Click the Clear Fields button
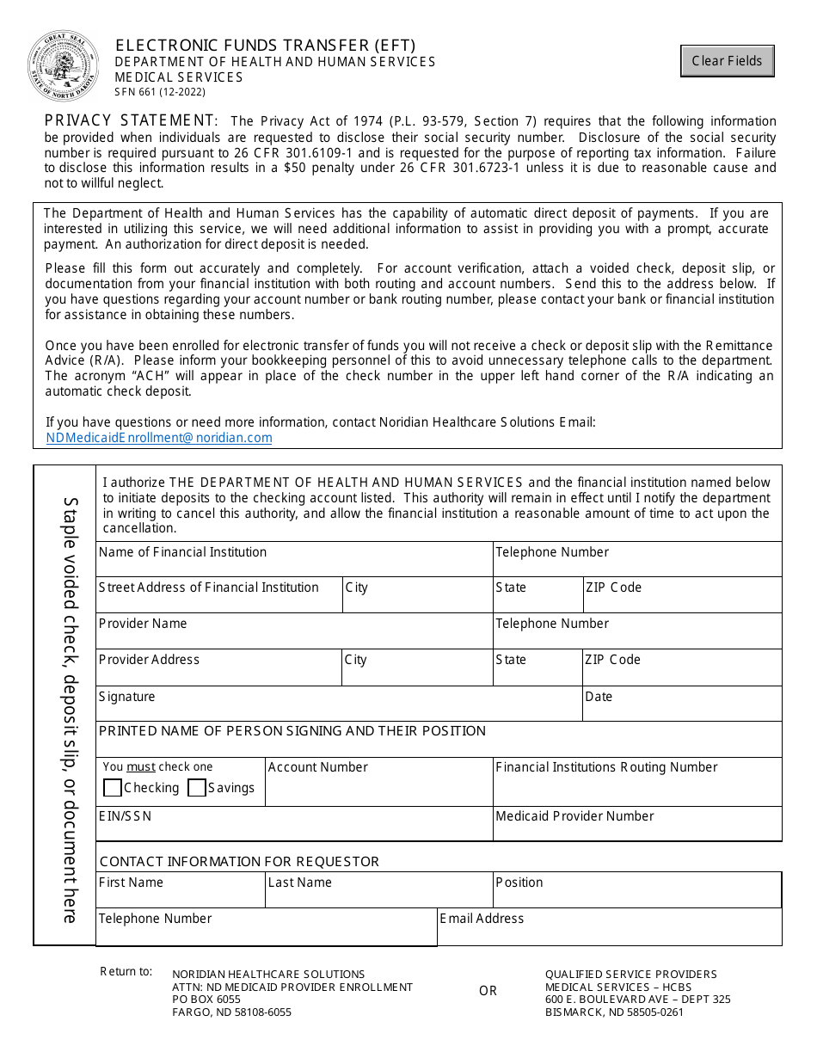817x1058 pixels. [727, 61]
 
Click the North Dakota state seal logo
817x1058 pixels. [63, 66]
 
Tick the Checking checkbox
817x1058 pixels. [113, 788]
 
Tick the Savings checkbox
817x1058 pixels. [197, 788]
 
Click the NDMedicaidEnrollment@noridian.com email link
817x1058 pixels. [159, 438]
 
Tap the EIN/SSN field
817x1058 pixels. [294, 828]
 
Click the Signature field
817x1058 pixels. [339, 708]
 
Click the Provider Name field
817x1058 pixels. [294, 635]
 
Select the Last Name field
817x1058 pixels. [378, 895]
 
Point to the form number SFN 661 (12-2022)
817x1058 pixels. [160, 92]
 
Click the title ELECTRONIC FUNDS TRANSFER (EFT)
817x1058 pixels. [266, 46]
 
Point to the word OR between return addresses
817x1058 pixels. [488, 991]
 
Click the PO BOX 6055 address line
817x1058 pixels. [206, 1000]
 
